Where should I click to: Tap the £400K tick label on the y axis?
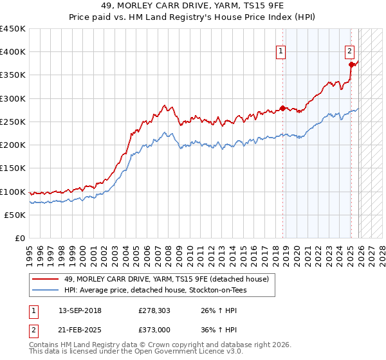(13, 52)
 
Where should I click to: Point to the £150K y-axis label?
(13, 168)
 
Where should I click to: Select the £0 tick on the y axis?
(21, 238)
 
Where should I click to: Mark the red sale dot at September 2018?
(282, 108)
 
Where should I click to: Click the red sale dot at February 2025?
(351, 64)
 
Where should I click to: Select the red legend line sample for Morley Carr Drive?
(46, 279)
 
